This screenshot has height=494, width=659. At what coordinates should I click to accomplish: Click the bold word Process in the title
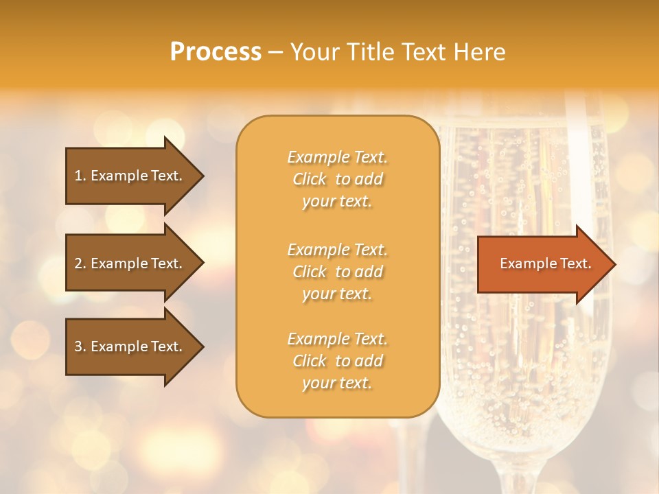pyautogui.click(x=216, y=52)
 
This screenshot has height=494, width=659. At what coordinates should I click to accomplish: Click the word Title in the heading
pyautogui.click(x=369, y=52)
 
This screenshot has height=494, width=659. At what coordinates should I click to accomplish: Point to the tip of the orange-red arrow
pyautogui.click(x=613, y=264)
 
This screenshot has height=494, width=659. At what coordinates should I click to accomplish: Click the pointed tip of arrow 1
pyautogui.click(x=201, y=176)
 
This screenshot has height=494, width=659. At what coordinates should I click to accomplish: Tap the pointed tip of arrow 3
pyautogui.click(x=201, y=346)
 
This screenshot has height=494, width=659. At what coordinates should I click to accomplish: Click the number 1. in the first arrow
pyautogui.click(x=80, y=176)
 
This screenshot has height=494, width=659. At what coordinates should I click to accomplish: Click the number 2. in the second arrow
pyautogui.click(x=80, y=263)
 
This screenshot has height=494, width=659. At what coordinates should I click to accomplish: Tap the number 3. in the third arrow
pyautogui.click(x=80, y=346)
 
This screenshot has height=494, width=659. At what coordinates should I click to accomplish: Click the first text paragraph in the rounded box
pyautogui.click(x=337, y=179)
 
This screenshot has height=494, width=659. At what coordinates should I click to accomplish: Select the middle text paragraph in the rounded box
pyautogui.click(x=337, y=272)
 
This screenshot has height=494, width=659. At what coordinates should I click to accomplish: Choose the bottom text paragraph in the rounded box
pyautogui.click(x=337, y=361)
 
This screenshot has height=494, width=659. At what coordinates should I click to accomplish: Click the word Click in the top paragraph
pyautogui.click(x=310, y=180)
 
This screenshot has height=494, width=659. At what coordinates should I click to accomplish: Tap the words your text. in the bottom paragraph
pyautogui.click(x=337, y=384)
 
